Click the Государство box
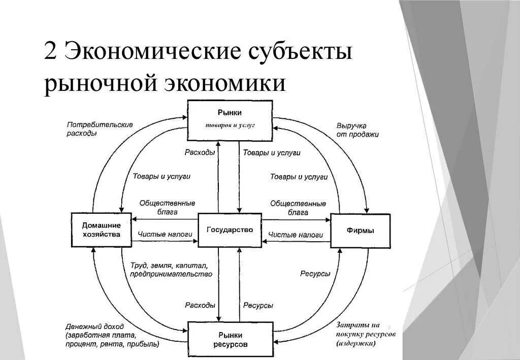[x=230, y=230]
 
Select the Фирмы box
[x=361, y=231]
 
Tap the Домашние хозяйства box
[x=102, y=230]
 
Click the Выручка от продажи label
[x=357, y=130]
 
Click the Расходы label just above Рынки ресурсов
[x=200, y=306]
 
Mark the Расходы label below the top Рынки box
[x=200, y=153]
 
